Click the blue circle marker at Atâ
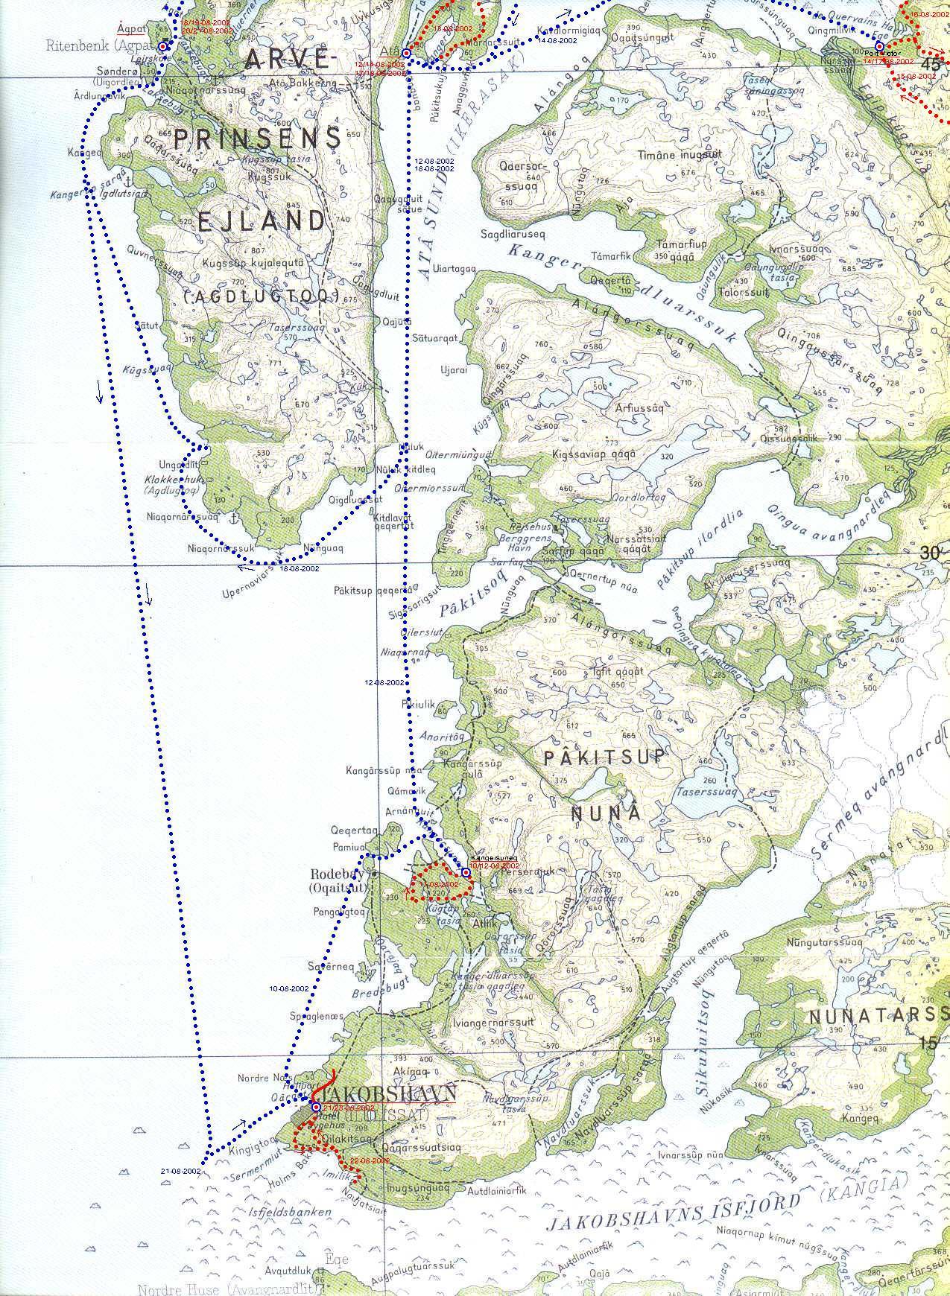pos(406,54)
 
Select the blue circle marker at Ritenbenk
pos(163,45)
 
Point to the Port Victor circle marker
pos(879,46)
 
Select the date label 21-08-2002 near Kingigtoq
pos(181,1172)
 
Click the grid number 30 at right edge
pos(928,553)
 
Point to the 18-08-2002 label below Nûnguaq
pos(300,568)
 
